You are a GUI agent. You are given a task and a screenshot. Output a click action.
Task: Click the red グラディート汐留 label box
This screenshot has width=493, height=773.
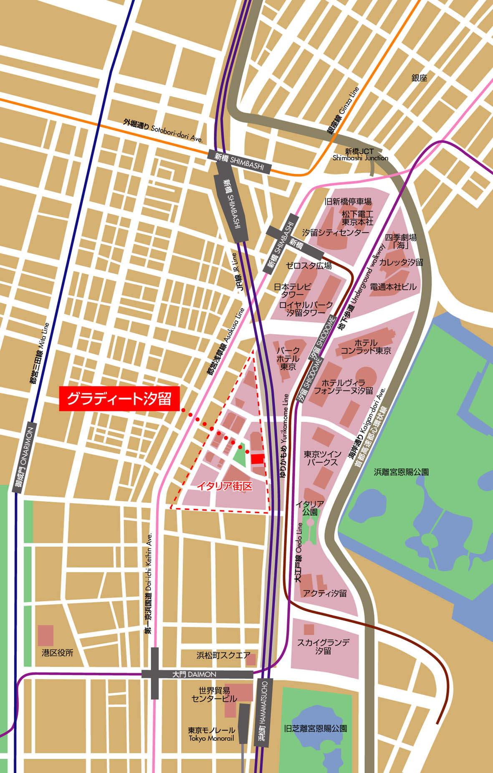[x=119, y=399]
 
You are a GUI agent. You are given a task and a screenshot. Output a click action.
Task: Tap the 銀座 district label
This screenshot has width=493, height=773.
[x=419, y=78]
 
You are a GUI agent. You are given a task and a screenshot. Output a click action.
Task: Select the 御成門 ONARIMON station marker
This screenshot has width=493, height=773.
[x=25, y=457]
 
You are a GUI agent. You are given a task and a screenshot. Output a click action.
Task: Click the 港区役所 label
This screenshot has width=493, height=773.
[x=57, y=652]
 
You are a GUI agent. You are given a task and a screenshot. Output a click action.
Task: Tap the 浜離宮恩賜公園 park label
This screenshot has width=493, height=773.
[x=401, y=472]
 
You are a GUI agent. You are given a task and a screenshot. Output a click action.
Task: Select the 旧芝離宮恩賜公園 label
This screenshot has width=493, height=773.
[x=315, y=728]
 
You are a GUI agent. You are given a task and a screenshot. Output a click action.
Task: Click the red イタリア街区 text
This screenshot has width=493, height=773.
[x=225, y=486]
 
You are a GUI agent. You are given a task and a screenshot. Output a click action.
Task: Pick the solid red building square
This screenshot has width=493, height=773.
[x=258, y=459]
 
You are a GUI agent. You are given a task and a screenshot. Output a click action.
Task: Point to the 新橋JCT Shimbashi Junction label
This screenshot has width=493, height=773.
[x=360, y=155]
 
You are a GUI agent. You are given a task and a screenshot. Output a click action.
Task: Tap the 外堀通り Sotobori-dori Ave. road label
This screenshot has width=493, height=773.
[x=163, y=130]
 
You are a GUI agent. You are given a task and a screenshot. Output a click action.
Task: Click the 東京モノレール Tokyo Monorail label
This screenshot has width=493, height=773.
[x=211, y=734]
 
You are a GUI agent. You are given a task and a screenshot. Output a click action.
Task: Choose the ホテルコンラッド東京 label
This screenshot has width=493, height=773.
[x=366, y=347]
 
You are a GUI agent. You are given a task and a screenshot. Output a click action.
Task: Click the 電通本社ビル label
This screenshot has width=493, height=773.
[x=393, y=287]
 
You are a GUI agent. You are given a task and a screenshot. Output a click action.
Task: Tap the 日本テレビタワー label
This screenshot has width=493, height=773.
[x=293, y=290]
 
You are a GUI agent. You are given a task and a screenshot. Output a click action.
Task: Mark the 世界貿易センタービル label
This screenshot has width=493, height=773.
[x=214, y=694]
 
